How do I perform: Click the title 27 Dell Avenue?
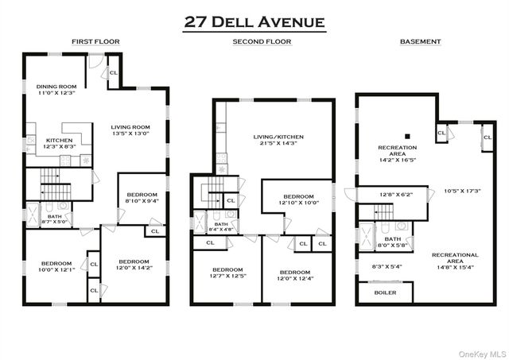(254, 21)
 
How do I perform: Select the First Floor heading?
(95, 41)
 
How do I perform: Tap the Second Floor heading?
(262, 41)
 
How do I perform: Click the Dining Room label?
(56, 90)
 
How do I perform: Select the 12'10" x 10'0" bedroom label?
(297, 199)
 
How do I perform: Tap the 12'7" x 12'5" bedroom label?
(227, 273)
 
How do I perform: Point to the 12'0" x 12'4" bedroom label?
(295, 275)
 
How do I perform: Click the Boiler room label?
(385, 292)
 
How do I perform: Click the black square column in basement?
(406, 134)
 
